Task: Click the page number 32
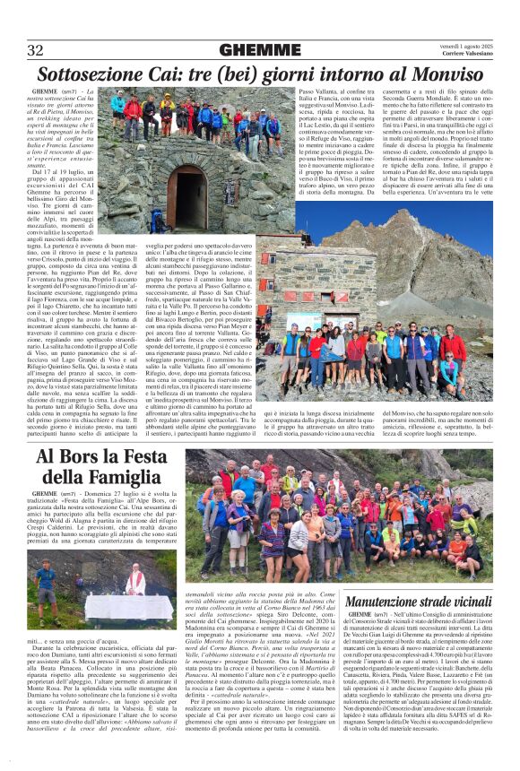coord(36,50)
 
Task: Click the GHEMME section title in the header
coord(260,50)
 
